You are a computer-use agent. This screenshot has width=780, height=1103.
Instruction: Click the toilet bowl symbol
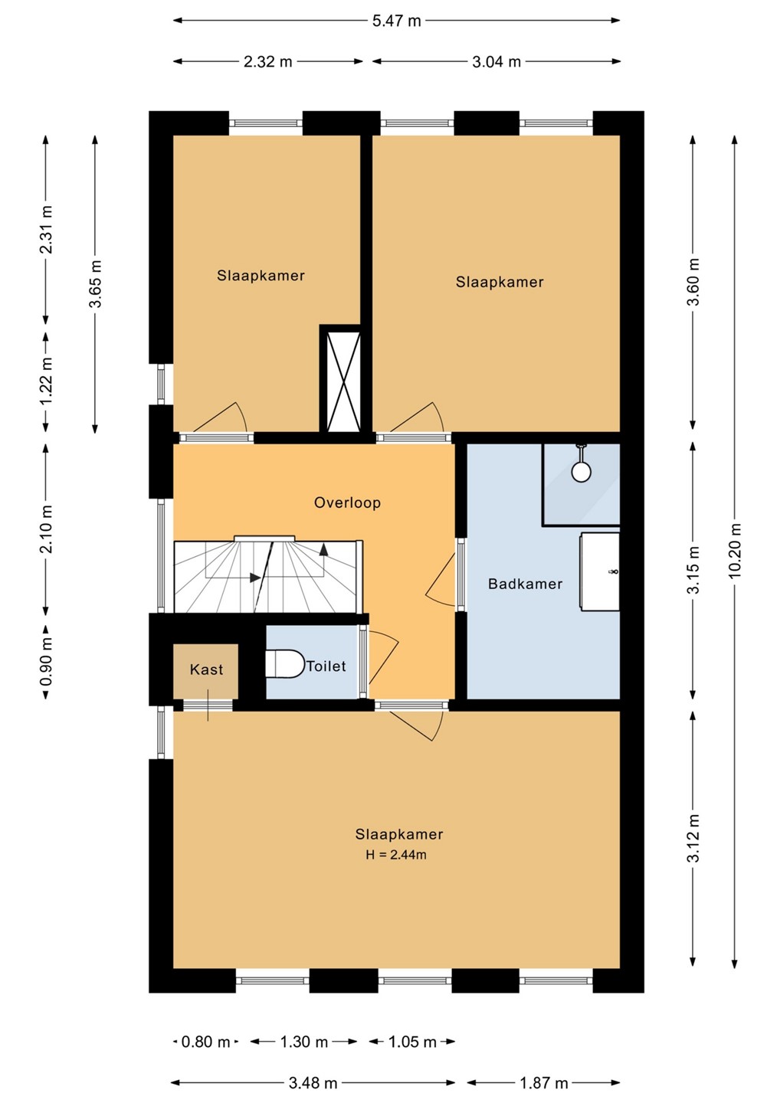point(285,664)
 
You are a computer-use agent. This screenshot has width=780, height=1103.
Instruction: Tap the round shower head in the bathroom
point(581,471)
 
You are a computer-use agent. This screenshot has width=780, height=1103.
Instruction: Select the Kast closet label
point(206,669)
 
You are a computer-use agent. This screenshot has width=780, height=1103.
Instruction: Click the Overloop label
point(347,502)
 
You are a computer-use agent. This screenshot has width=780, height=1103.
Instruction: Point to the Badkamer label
point(525,584)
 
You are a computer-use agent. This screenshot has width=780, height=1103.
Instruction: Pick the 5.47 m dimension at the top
point(396,21)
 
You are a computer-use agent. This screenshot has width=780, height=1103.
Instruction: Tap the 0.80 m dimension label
point(206,1042)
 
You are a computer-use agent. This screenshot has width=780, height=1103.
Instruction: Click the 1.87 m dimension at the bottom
point(544,1083)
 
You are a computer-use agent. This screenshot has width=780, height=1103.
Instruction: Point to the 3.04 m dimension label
point(497,62)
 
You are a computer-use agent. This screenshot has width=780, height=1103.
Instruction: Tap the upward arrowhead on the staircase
point(323,549)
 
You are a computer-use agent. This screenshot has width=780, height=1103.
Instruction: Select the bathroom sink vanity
point(600,571)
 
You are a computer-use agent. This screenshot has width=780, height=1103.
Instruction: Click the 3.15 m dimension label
point(693,570)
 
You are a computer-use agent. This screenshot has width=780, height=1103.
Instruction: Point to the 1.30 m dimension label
point(304,1042)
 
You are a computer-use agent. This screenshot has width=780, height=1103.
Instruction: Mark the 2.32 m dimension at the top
point(268,62)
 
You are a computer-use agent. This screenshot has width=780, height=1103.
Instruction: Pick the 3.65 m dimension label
point(95,284)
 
